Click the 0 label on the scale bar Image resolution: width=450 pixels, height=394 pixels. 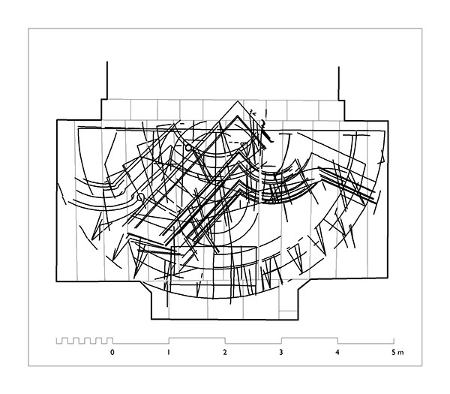coord(112,352)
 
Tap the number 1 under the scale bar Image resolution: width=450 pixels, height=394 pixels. coord(169,352)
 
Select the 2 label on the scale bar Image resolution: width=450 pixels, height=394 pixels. coord(225,352)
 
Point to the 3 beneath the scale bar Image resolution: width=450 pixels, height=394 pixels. coord(281,352)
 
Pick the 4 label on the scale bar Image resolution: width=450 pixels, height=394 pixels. coord(337,352)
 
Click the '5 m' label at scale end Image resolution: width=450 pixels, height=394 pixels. coord(397,352)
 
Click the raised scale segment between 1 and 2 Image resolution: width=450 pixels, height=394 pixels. coord(196,338)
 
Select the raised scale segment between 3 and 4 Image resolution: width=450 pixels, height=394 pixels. coord(309,338)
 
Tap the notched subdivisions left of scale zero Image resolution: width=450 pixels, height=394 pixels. coord(84,341)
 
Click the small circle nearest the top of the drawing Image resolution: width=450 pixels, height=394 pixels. coord(188,148)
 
